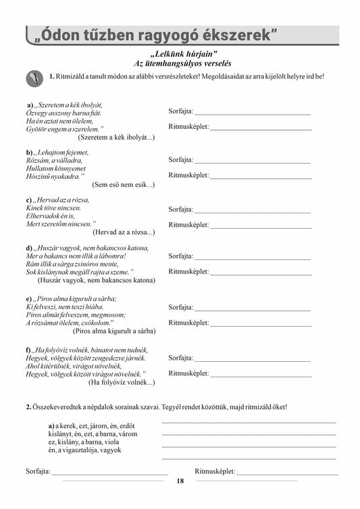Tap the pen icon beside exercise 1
click(34, 78)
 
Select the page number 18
click(180, 481)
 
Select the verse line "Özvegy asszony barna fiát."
click(60, 114)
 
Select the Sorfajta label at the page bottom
click(37, 470)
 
